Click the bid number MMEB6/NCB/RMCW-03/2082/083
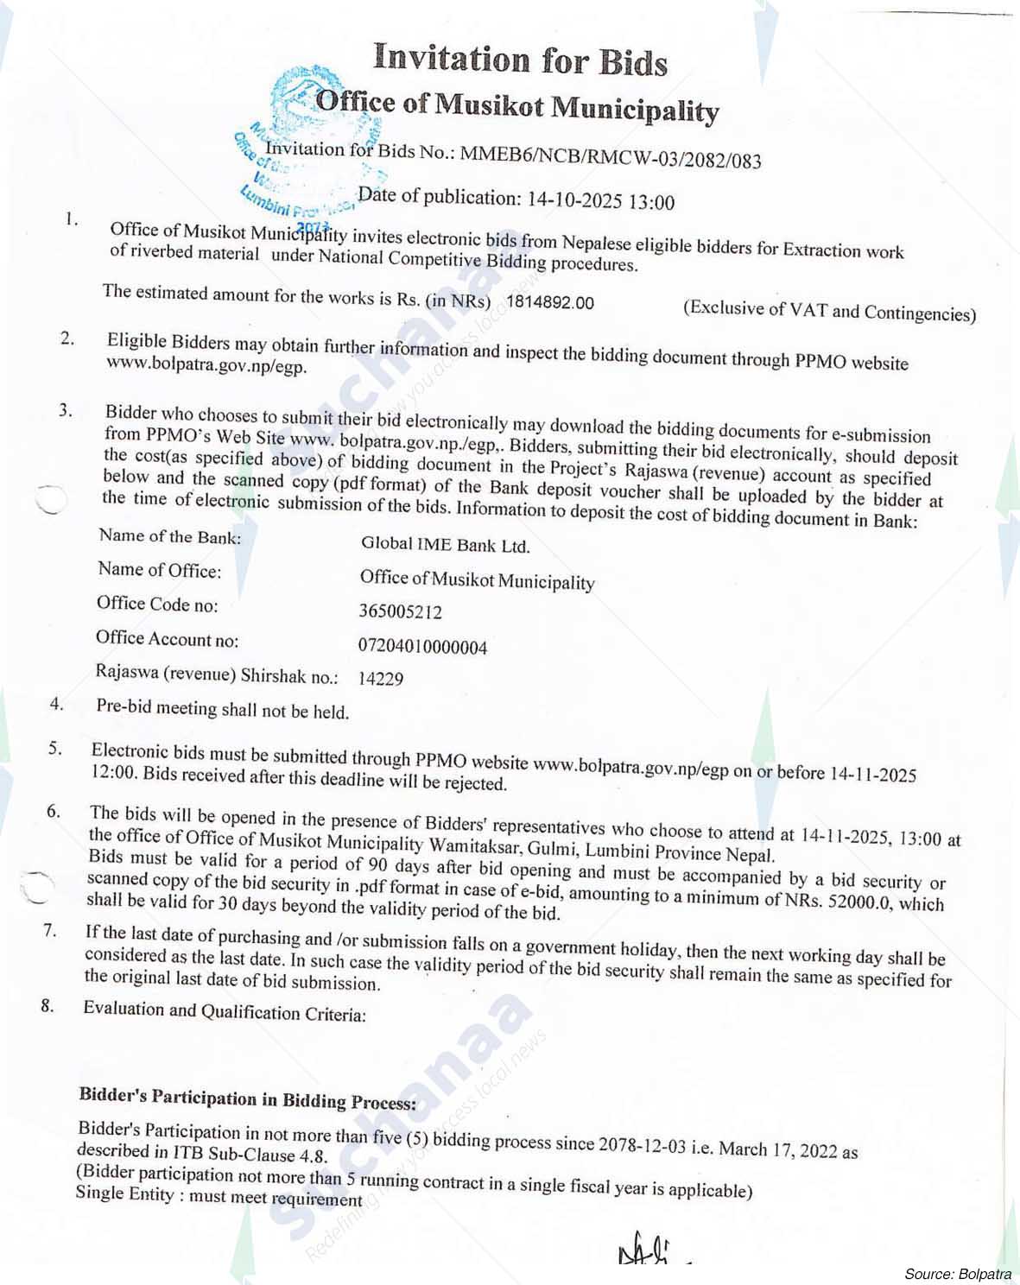point(611,157)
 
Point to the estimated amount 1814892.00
point(550,302)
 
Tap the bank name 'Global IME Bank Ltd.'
point(445,545)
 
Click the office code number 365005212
point(400,612)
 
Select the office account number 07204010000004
point(422,647)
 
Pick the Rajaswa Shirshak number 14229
point(381,679)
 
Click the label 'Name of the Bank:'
point(169,537)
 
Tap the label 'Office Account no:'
point(167,640)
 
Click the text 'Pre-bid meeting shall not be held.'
point(223,711)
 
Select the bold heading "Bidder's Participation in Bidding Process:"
point(248,1099)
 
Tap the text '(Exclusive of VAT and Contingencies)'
point(829,311)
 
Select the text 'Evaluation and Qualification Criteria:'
point(225,1011)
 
